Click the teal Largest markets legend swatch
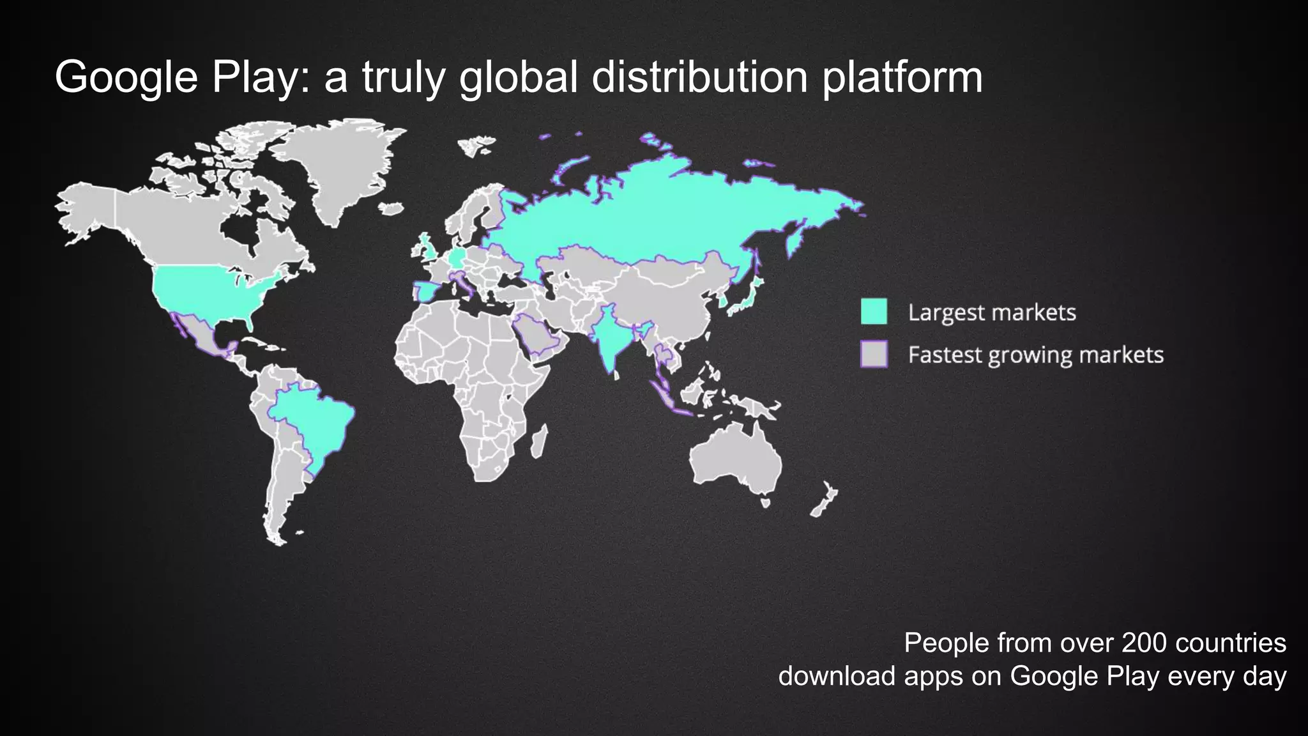tap(874, 311)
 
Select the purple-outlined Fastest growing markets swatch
tap(874, 354)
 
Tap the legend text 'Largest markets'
tap(992, 312)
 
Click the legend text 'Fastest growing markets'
tap(1035, 355)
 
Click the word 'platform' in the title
tap(902, 77)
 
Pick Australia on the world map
tap(734, 457)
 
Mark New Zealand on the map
tap(825, 501)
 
